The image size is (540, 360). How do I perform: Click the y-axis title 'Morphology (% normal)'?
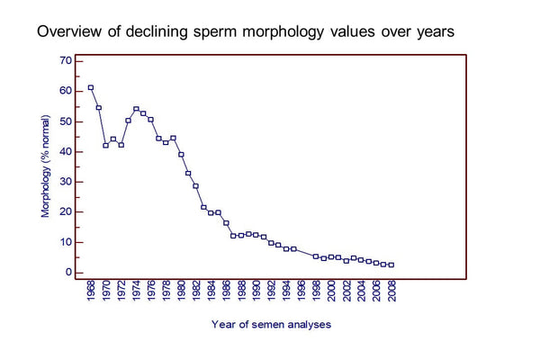tap(44, 167)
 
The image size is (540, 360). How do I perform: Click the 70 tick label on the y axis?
tap(65, 61)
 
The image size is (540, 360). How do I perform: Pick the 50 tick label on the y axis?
tap(65, 121)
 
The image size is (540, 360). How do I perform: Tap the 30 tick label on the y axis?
tap(65, 182)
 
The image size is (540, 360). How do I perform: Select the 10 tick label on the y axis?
tap(65, 242)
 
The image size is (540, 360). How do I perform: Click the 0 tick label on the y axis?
tap(67, 272)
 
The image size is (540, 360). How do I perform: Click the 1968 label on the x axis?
tap(91, 293)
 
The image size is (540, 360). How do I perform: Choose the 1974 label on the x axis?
tap(136, 293)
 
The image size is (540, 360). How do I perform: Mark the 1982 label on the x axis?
tap(196, 293)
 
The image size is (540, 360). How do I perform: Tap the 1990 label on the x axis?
tap(256, 293)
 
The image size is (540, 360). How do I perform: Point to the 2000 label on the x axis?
tap(331, 293)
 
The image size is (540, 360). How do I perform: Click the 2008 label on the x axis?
tap(391, 293)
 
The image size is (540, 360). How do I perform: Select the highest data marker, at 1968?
tap(91, 87)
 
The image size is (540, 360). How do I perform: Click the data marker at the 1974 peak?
tap(136, 109)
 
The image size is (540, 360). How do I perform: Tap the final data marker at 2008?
tap(391, 265)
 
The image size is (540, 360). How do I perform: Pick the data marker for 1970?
tap(106, 145)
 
